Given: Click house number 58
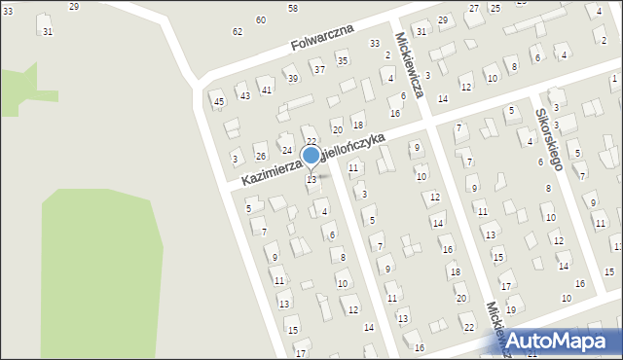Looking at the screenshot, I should pos(293,8).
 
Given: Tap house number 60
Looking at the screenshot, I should pos(260,20).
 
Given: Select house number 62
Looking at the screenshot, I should pos(238,32).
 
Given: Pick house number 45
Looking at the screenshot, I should pos(219,102).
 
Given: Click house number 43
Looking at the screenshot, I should pos(245,95).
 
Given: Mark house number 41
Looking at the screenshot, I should pos(267,89).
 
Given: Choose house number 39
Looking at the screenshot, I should pos(291,79).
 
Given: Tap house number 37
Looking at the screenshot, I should pos(318,69).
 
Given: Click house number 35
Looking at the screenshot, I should pos(342,60).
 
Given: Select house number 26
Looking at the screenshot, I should pos(261,156).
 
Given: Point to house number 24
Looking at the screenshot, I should pos(287,150).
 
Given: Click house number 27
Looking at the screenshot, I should pos(474,8).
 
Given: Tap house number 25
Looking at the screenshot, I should pos(495,8).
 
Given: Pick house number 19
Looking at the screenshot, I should pos(511,309).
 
